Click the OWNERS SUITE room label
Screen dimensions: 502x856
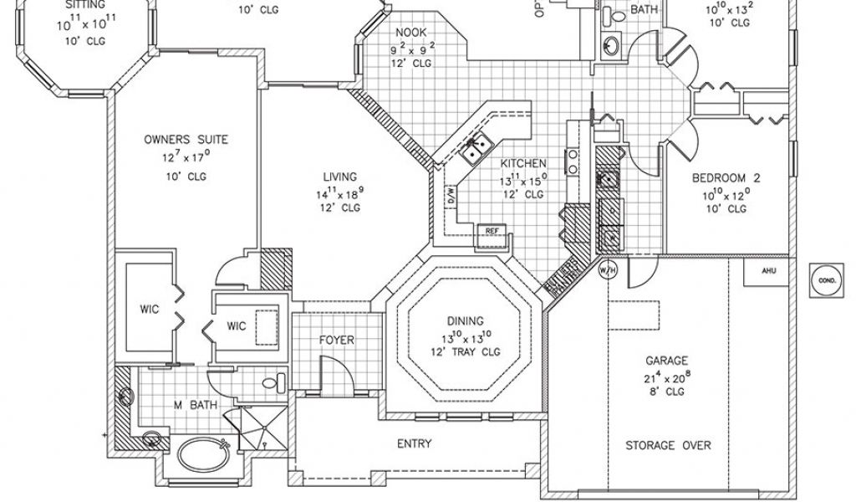click(186, 140)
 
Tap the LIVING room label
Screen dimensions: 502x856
click(340, 177)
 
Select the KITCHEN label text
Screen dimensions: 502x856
click(524, 163)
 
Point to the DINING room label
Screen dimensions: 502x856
click(464, 321)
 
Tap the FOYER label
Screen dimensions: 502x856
click(337, 341)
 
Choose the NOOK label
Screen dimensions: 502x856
click(410, 33)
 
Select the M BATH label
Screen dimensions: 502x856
click(196, 406)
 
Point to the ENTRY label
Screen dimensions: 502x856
click(415, 443)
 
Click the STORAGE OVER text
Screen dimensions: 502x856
click(669, 446)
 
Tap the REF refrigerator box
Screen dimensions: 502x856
click(492, 229)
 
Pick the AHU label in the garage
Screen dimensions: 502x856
click(769, 271)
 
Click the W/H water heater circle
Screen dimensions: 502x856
click(608, 270)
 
